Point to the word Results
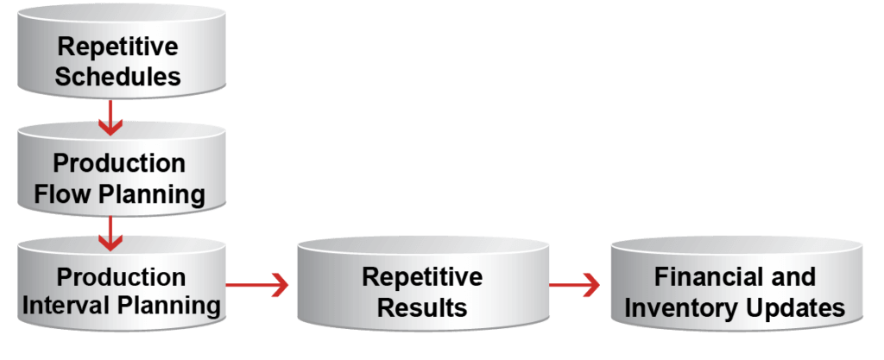[422, 307]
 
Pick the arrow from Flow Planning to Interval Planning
[110, 232]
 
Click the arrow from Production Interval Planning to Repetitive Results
[259, 284]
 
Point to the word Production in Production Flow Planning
[118, 163]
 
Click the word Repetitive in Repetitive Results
[422, 277]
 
